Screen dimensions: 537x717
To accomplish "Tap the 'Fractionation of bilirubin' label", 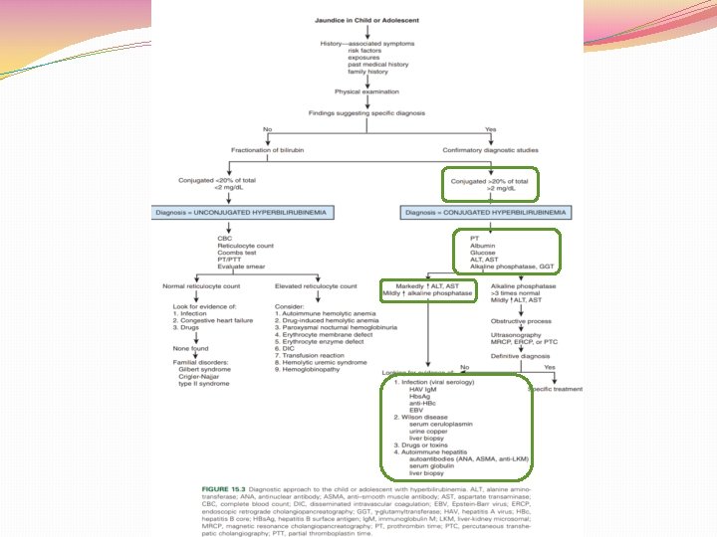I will click(267, 149).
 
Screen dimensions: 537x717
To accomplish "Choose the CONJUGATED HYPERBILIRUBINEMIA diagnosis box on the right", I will click(489, 213).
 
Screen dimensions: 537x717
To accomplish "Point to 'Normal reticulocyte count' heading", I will click(203, 286).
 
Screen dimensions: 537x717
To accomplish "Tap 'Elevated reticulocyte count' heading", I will click(317, 286).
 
